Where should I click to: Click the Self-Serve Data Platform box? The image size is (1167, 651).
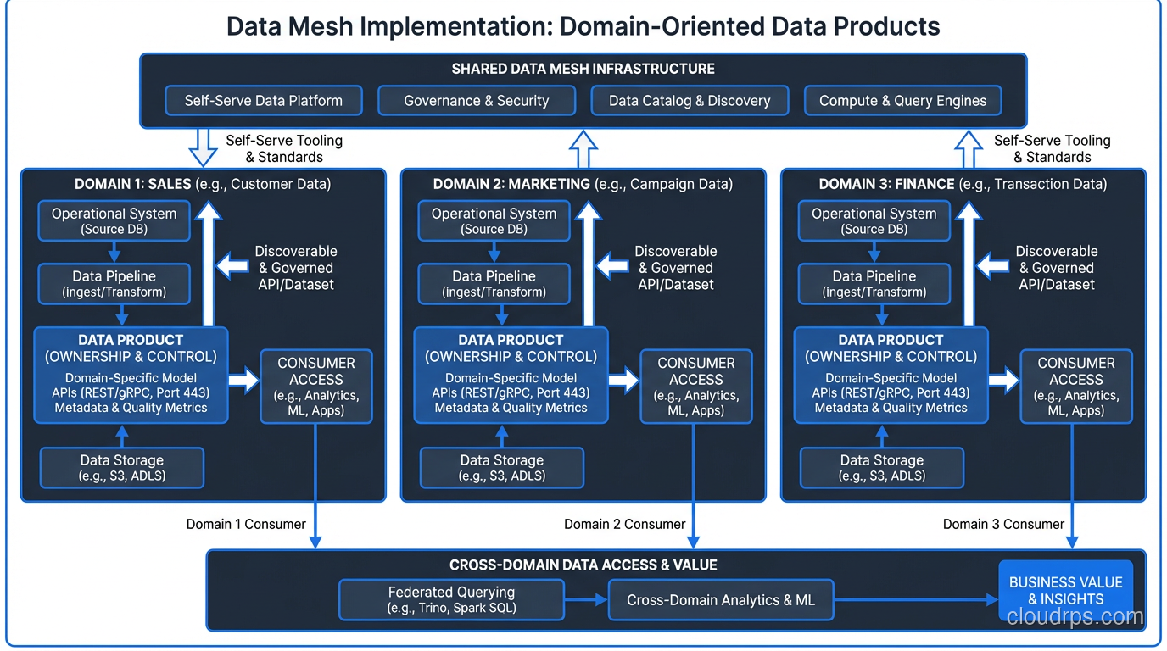263,101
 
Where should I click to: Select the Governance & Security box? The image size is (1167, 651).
476,101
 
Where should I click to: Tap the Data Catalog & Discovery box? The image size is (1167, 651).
690,101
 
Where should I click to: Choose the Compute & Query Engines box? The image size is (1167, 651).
902,101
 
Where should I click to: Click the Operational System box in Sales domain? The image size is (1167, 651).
114,220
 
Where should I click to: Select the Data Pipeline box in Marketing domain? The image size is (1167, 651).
494,283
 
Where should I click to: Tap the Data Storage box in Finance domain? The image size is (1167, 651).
881,467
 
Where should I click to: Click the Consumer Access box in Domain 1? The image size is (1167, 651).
315,386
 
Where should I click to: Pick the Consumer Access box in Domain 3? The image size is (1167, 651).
1075,386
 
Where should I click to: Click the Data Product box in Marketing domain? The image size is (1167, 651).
511,374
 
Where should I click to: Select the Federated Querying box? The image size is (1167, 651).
451,599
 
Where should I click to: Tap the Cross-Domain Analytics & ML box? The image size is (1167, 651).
720,599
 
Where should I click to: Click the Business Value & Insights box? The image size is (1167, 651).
1065,590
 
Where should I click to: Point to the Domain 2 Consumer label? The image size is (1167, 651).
624,524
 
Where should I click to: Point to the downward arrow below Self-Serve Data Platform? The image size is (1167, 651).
203,147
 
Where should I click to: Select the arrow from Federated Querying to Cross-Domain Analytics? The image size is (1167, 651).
586,599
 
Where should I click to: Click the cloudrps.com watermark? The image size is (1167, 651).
1075,617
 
